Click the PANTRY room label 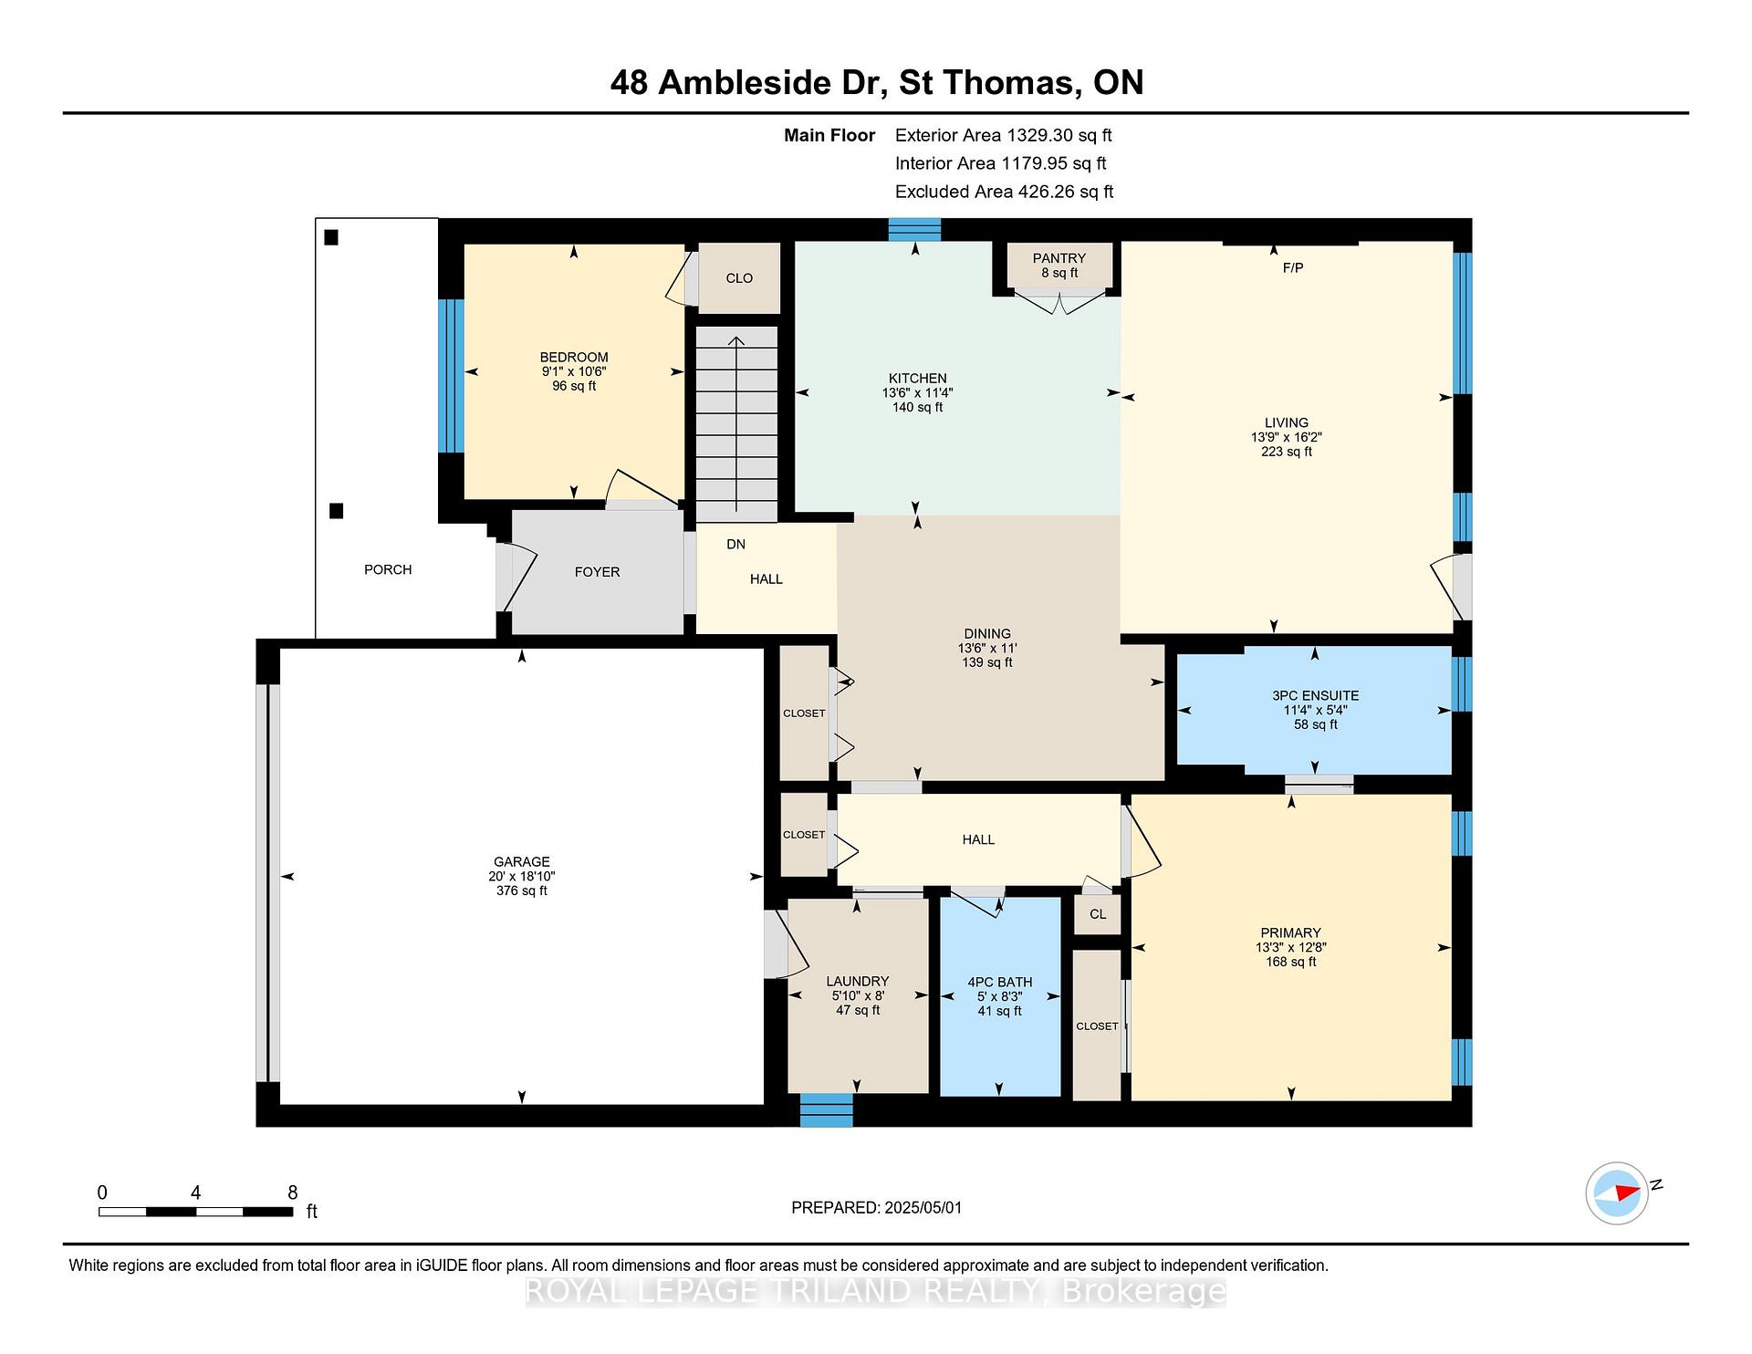tap(1059, 258)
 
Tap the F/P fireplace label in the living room tap(1293, 267)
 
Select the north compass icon tap(1617, 1193)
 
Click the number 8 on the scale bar tap(293, 1192)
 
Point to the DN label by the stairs tap(736, 544)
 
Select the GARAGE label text tap(522, 861)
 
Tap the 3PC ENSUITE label tap(1315, 695)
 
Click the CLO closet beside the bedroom tap(739, 278)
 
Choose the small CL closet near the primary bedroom tap(1098, 914)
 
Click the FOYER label tap(598, 572)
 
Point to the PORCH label tap(388, 569)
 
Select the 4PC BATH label tap(1000, 982)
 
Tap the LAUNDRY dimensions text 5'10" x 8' tap(858, 996)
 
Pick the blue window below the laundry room tap(827, 1109)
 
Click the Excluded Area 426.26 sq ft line tap(1004, 192)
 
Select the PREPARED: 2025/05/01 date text tap(877, 1207)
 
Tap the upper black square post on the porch tap(331, 237)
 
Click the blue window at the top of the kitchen tap(914, 229)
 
